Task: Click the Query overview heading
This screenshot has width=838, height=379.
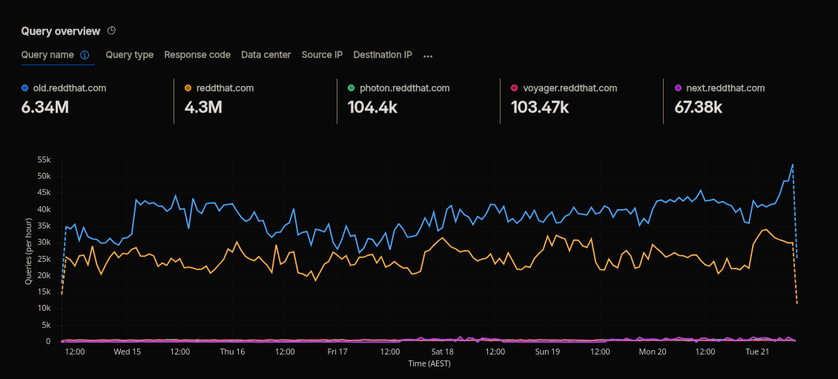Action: click(60, 31)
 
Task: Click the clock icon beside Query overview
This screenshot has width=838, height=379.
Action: click(112, 30)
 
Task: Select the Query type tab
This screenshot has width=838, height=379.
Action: click(130, 55)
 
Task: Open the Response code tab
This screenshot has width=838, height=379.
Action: click(197, 55)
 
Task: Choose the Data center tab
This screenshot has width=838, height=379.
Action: click(266, 55)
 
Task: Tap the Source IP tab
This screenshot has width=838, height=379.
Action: click(322, 55)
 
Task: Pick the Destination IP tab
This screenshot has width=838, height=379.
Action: click(383, 55)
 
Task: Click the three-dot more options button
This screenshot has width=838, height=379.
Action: click(428, 56)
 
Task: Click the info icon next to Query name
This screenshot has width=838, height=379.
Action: click(85, 55)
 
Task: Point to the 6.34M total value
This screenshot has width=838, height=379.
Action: click(45, 108)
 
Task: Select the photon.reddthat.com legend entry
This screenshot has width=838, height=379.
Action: click(404, 88)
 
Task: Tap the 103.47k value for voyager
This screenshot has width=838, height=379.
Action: click(540, 108)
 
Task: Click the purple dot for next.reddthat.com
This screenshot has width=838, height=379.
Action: click(678, 88)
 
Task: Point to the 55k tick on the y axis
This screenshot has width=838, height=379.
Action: click(44, 159)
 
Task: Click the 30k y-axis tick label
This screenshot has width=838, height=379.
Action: click(44, 243)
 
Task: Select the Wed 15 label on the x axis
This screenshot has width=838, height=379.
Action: click(127, 352)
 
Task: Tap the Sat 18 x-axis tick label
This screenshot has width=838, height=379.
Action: click(442, 352)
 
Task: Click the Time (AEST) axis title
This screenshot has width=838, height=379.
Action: click(429, 363)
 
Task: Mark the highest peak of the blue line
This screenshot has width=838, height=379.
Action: click(792, 165)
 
